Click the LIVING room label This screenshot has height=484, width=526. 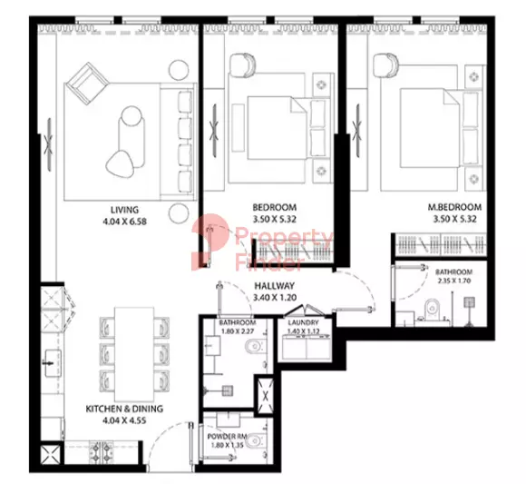[x=124, y=210]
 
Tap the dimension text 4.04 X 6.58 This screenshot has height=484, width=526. [x=124, y=222]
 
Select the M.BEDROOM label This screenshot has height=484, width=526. [x=454, y=207]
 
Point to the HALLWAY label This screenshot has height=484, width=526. [x=275, y=286]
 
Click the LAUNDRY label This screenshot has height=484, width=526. [x=303, y=322]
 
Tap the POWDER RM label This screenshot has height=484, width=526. [x=227, y=437]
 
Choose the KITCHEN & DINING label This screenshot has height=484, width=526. [x=124, y=409]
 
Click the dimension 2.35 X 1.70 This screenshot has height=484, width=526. [x=453, y=281]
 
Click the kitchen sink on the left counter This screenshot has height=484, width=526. [x=53, y=362]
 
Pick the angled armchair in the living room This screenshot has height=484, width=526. [x=86, y=84]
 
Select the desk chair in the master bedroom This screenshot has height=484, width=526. [x=385, y=65]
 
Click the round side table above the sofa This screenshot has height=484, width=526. [x=179, y=70]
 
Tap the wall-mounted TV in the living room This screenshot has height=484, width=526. [x=49, y=144]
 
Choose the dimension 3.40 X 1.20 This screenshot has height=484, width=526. [x=275, y=298]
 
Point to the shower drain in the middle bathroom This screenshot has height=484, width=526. [x=229, y=390]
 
